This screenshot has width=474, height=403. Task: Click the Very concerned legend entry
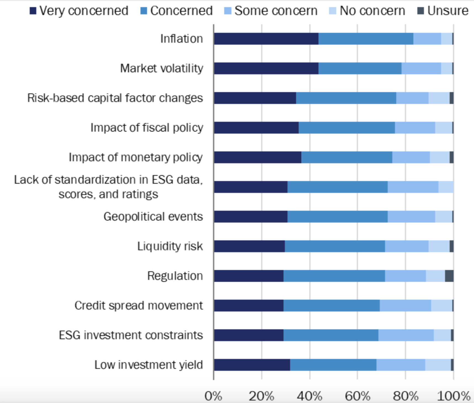click(79, 11)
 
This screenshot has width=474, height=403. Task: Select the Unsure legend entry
click(443, 11)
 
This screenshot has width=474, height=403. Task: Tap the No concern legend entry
click(367, 11)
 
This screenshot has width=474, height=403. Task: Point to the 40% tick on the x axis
click(310, 396)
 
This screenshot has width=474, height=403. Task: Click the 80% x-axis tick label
click(406, 396)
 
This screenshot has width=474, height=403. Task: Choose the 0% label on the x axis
click(213, 396)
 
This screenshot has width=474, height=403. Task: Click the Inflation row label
click(182, 39)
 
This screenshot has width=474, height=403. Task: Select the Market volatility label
click(162, 68)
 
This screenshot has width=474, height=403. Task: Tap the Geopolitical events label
click(153, 217)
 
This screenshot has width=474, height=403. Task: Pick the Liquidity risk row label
click(170, 246)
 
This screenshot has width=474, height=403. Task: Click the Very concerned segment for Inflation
click(266, 39)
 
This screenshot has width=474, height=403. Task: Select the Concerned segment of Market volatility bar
click(360, 68)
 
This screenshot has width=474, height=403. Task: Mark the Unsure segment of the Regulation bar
click(449, 276)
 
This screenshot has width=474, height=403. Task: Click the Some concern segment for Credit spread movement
click(405, 306)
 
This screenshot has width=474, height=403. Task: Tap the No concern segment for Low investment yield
click(438, 365)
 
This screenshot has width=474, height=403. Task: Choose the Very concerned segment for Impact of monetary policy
click(257, 157)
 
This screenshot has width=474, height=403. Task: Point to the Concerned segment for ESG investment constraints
click(331, 335)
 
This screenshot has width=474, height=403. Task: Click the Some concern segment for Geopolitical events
click(411, 217)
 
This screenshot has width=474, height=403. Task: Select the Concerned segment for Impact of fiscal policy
click(347, 128)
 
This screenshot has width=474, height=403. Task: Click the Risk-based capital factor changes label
click(115, 98)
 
